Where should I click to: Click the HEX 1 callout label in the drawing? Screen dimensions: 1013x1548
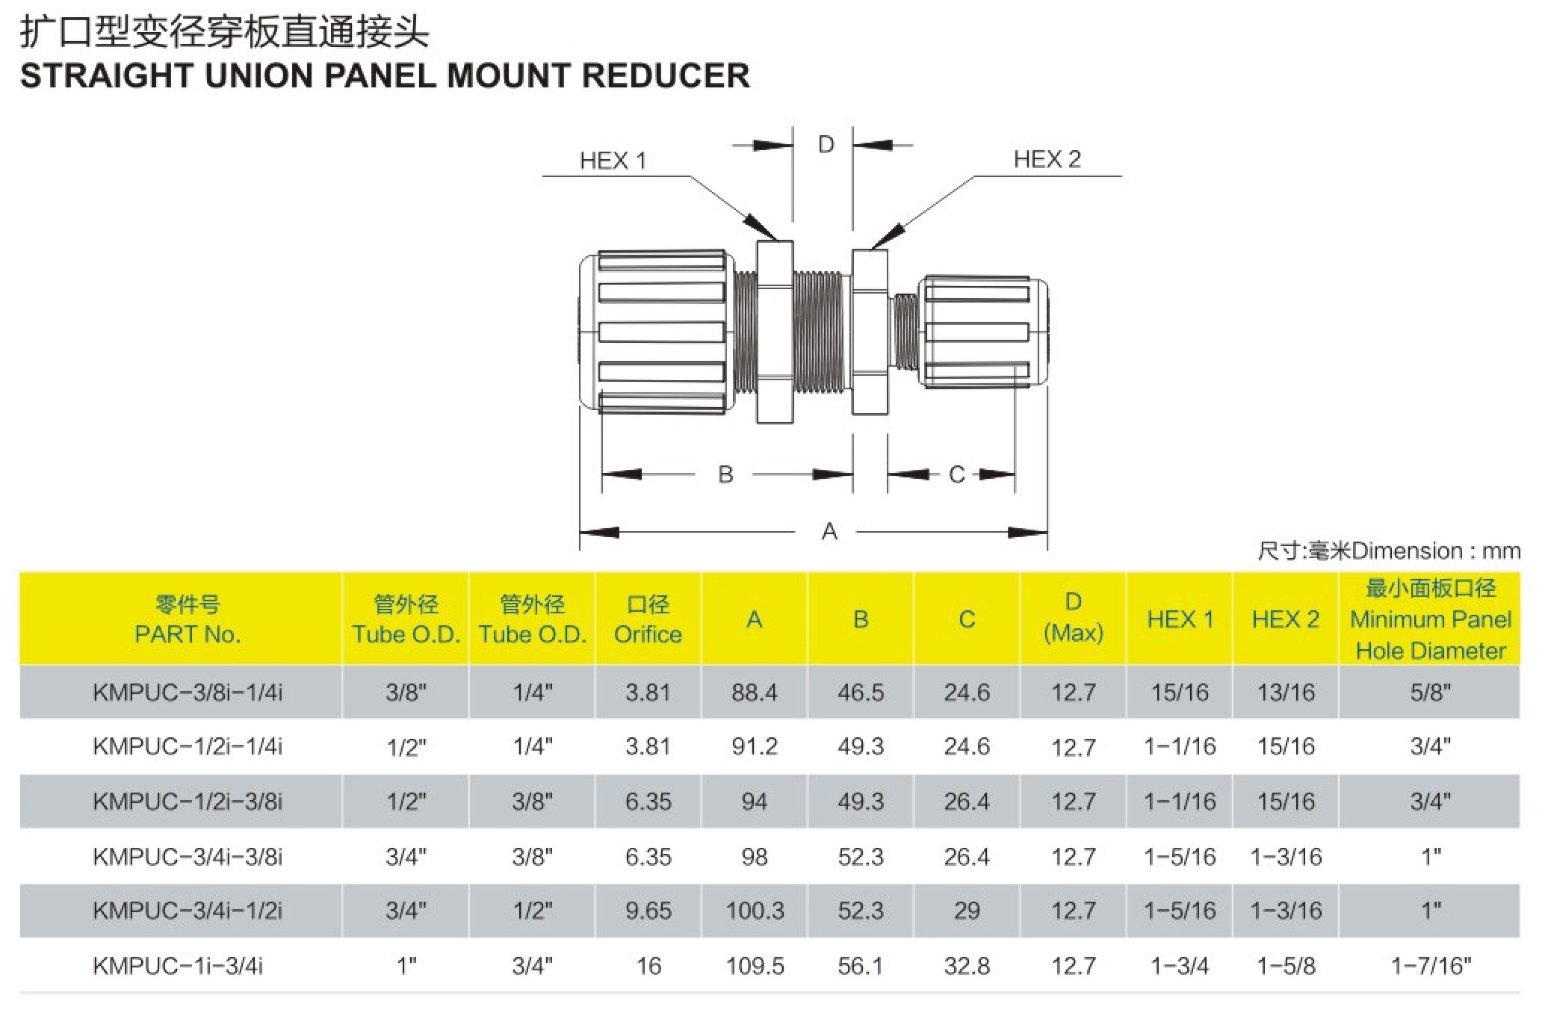click(x=613, y=161)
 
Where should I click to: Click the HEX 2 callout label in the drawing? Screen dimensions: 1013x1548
click(x=1047, y=159)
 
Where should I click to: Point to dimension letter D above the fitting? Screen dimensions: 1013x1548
click(x=826, y=144)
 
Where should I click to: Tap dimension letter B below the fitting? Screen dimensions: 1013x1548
click(x=725, y=474)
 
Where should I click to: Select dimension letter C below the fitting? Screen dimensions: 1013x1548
click(x=956, y=474)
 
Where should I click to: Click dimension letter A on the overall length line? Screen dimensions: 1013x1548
click(x=829, y=532)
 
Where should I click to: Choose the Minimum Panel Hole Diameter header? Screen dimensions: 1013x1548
click(x=1431, y=619)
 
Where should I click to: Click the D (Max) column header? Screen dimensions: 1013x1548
click(x=1073, y=618)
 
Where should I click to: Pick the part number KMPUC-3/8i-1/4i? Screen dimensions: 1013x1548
click(x=188, y=693)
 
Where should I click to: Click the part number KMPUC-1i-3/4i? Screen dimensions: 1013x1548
click(x=178, y=966)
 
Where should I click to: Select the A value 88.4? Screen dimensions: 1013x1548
click(x=754, y=693)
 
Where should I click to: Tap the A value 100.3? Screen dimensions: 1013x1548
click(x=755, y=911)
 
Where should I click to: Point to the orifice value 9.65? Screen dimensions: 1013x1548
click(x=648, y=911)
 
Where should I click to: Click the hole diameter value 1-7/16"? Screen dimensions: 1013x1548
click(x=1431, y=966)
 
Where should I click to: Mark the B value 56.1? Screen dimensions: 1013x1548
click(x=860, y=966)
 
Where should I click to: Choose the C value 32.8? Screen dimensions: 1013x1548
click(x=967, y=966)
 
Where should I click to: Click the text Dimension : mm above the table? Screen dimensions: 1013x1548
click(x=1435, y=551)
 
